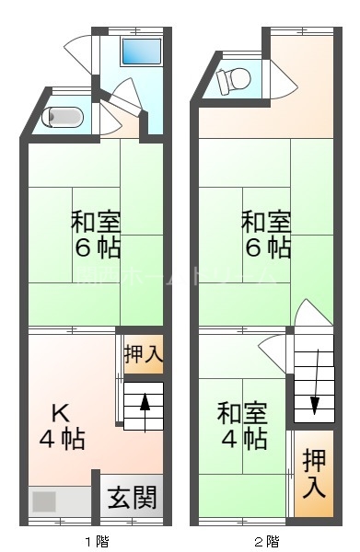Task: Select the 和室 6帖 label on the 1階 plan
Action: pos(96,236)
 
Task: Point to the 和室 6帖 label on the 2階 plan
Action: pos(266,235)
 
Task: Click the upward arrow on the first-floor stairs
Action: pos(145,410)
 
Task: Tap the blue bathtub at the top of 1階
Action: pos(142,52)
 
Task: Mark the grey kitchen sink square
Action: pos(43,502)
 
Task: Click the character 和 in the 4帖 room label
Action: pos(228,411)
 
